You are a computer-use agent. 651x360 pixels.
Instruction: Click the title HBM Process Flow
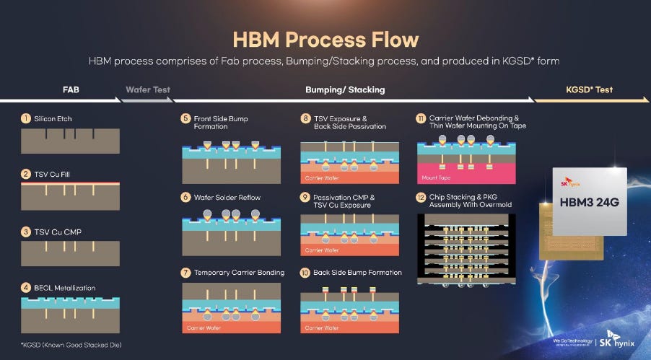325,40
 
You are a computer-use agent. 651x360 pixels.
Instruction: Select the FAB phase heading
71,89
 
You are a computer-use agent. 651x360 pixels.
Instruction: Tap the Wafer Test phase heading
148,89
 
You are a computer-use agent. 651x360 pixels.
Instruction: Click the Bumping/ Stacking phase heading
345,89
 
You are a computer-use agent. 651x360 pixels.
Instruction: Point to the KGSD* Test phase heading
589,89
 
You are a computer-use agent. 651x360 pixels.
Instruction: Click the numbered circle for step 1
26,118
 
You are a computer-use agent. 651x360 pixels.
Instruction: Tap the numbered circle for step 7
185,273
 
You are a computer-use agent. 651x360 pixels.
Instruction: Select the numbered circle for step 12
421,197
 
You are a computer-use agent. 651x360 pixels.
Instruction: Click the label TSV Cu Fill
52,175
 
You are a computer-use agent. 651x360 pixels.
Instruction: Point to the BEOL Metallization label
65,288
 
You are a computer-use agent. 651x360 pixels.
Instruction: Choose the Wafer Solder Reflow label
227,197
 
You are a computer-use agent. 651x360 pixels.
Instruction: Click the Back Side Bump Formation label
357,273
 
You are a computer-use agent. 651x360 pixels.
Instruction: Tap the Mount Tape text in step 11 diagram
436,177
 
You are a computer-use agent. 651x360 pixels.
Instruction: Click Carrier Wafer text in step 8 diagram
322,178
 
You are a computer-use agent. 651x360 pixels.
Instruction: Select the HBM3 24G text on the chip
589,202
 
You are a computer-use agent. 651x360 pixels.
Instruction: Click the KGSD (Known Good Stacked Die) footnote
71,345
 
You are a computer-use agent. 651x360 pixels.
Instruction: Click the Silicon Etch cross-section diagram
70,141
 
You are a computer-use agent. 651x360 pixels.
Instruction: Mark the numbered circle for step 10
305,273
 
